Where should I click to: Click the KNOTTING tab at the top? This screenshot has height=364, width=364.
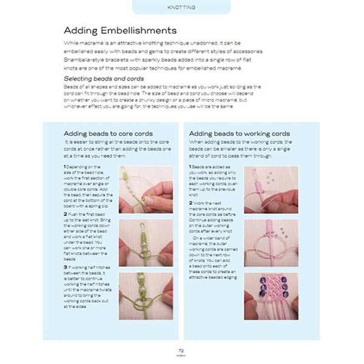pos(181,7)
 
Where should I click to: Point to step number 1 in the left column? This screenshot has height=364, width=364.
pos(64,166)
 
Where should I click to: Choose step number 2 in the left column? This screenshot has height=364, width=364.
pos(64,214)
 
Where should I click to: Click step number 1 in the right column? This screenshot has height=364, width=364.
pos(190,166)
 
